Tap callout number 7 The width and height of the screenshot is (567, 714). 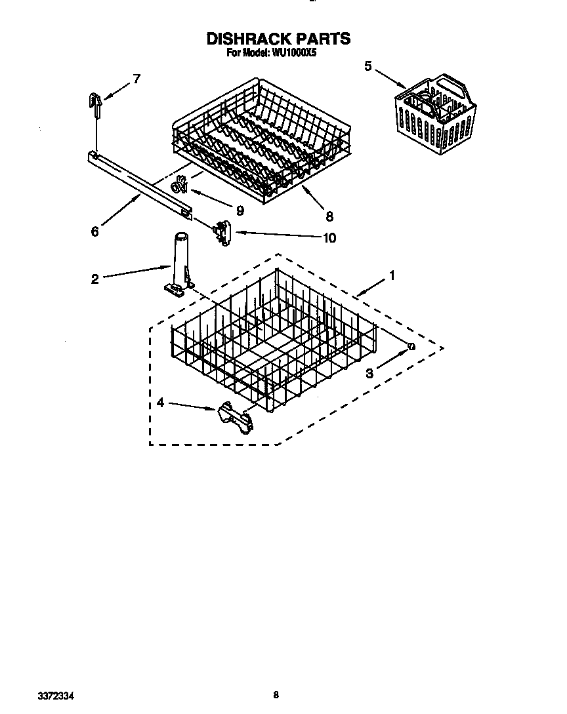[136, 79]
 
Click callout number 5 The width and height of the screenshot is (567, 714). [367, 66]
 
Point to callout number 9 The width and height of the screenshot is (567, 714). [240, 210]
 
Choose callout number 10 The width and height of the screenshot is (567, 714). [329, 237]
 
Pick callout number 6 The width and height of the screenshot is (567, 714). [95, 231]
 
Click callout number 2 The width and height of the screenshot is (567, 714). [95, 279]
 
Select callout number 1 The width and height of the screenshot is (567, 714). [392, 276]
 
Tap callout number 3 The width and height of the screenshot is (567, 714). [369, 373]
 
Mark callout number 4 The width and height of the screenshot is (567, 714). [161, 404]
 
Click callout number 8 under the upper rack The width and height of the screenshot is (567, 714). [329, 215]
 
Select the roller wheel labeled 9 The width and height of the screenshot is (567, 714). [178, 188]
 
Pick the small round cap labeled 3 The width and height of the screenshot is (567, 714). [411, 346]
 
